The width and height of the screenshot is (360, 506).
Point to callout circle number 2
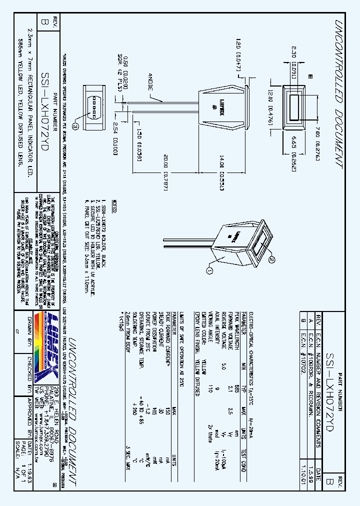pos(272,258)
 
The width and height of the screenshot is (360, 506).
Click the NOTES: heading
pos(114,205)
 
